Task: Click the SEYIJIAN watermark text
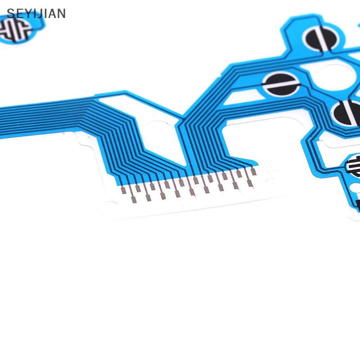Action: [x=36, y=13]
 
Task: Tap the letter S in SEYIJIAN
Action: [x=10, y=13]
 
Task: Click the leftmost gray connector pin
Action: [x=123, y=190]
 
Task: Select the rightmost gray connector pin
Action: [x=253, y=171]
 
